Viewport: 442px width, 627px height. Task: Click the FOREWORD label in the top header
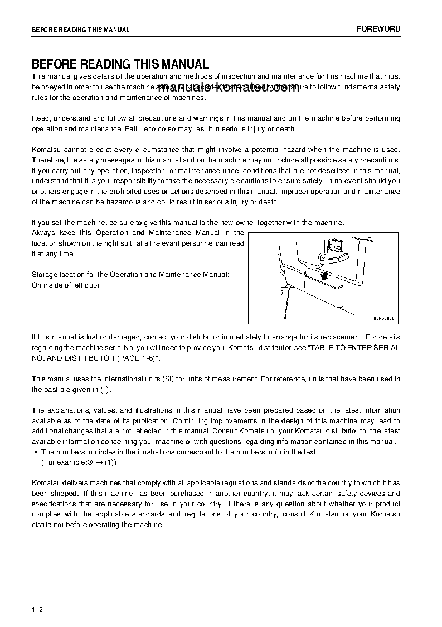click(x=378, y=29)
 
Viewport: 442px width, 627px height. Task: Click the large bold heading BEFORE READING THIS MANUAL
click(x=120, y=64)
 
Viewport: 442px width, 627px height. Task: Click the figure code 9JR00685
click(x=383, y=317)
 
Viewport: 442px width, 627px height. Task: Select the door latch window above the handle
click(x=336, y=245)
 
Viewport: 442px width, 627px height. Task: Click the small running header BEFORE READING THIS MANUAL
click(x=80, y=30)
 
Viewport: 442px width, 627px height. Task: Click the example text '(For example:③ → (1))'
click(x=79, y=462)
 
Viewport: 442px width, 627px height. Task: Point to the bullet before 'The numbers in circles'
click(x=36, y=452)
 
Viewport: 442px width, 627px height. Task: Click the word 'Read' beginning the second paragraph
click(x=40, y=118)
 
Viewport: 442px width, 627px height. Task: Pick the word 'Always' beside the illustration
click(x=44, y=233)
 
